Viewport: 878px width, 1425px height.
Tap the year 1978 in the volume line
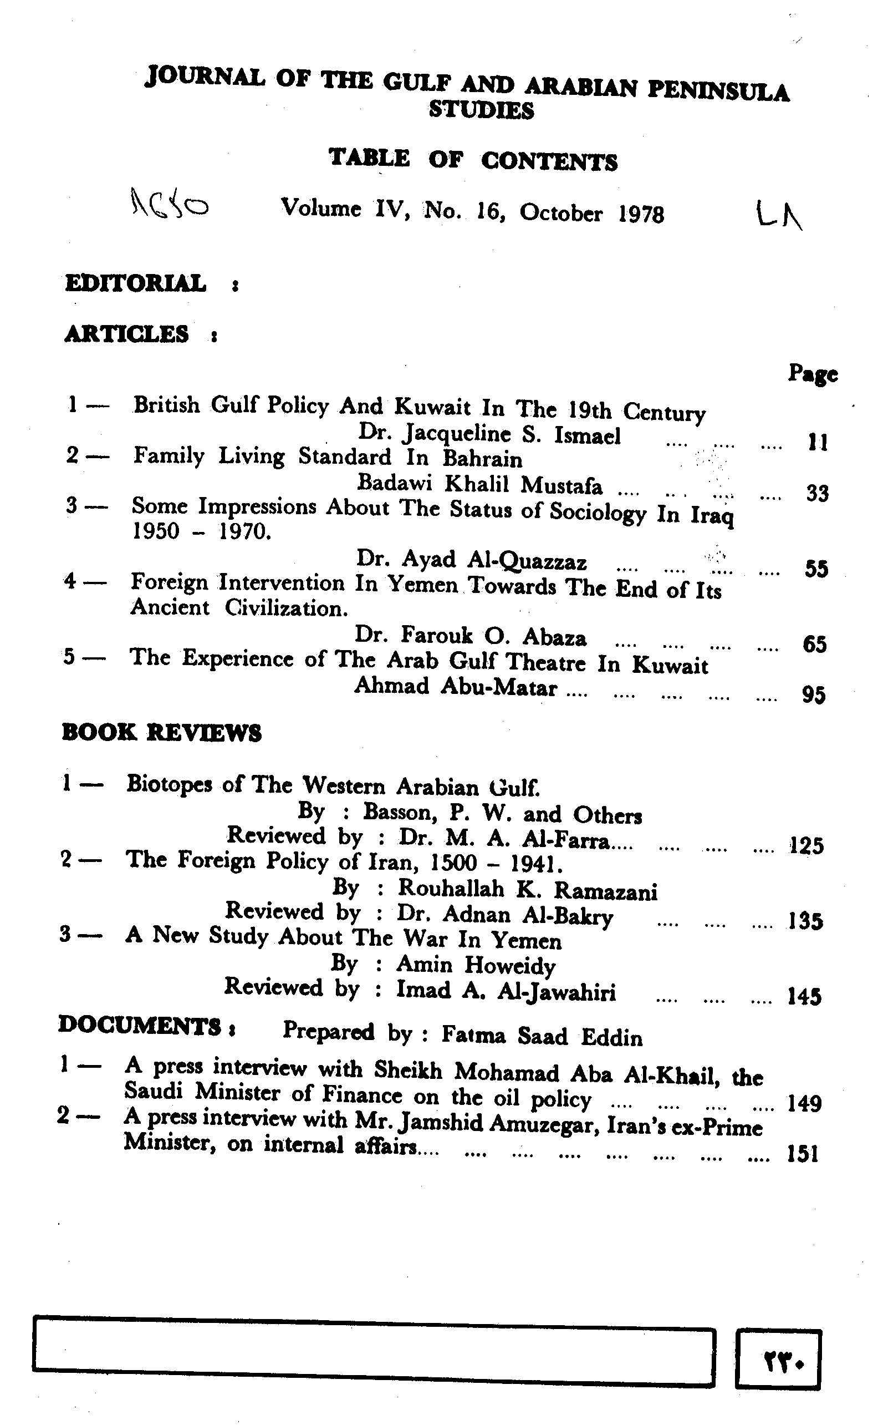click(641, 214)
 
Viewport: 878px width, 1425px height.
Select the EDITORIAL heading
click(135, 283)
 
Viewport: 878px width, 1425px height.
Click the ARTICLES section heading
click(126, 334)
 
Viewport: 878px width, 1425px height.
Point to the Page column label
click(813, 373)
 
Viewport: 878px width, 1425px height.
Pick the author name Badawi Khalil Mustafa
click(479, 484)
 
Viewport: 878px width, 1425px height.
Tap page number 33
click(817, 493)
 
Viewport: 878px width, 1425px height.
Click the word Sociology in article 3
click(598, 512)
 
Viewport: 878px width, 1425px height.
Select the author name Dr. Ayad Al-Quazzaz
click(471, 560)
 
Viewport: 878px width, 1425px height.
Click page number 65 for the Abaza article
click(815, 644)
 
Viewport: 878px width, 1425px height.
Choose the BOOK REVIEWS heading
click(161, 733)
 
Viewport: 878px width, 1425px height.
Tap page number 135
click(805, 921)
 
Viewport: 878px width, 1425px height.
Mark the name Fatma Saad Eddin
click(542, 1036)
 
